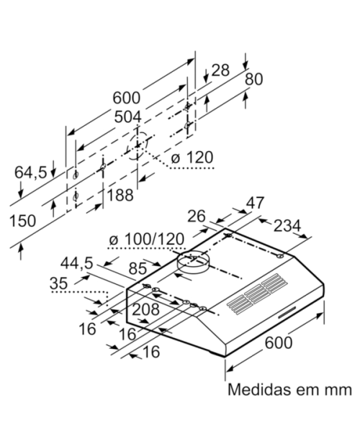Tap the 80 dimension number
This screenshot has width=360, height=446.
[x=255, y=80]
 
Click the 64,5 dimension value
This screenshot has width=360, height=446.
[x=31, y=172]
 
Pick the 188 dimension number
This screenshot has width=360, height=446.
[x=120, y=194]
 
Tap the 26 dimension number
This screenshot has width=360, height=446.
[x=197, y=216]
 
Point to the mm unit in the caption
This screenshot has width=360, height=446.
[x=337, y=391]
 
